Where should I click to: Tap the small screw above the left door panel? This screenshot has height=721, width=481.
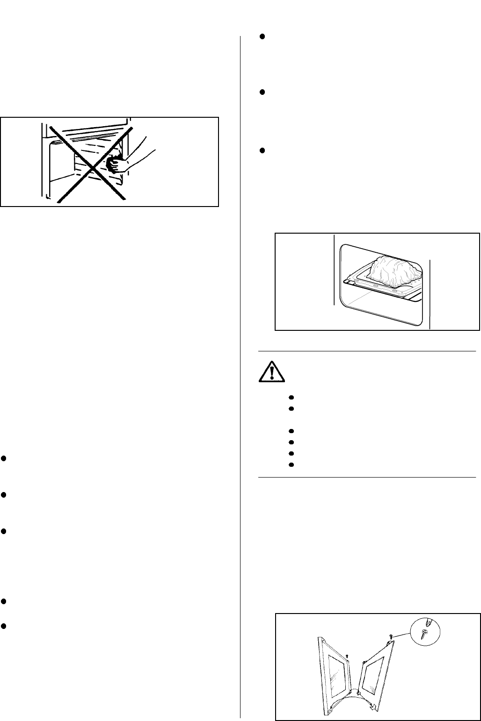point(347,656)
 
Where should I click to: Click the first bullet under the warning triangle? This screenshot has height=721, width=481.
point(291,397)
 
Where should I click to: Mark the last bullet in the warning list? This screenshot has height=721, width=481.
point(291,465)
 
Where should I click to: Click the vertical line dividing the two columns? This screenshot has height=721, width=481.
point(240,374)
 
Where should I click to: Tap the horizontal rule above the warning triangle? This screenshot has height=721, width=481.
point(367,350)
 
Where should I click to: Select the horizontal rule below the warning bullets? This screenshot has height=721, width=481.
point(367,477)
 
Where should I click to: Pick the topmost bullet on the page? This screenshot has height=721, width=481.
point(262,36)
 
